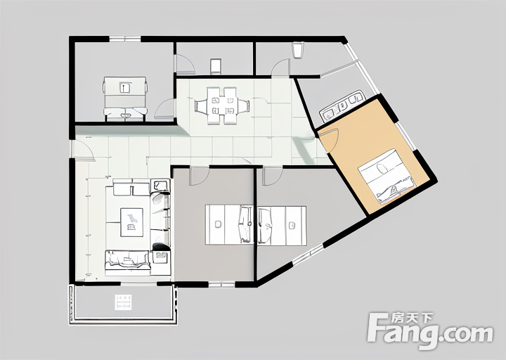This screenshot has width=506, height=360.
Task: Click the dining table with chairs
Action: (222, 105)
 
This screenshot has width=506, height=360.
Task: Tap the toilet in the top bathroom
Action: (298, 50)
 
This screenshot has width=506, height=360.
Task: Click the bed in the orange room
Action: (386, 176)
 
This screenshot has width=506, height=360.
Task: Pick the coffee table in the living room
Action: (131, 222)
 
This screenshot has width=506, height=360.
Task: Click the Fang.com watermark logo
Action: (431, 330)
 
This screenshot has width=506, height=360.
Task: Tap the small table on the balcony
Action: (123, 302)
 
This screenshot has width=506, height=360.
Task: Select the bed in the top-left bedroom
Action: (125, 99)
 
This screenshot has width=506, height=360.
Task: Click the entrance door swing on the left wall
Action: (84, 150)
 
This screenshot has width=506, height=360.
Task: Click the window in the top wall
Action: (125, 39)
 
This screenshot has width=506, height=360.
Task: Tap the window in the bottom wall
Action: (221, 285)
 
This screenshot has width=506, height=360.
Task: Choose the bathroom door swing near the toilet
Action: (280, 67)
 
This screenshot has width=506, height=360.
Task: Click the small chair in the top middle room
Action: (216, 67)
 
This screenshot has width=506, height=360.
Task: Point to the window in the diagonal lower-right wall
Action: (308, 255)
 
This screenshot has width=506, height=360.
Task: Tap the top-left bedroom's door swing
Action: (165, 108)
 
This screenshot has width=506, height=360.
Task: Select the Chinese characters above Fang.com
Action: (411, 319)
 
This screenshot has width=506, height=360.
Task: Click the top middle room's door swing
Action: (186, 63)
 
